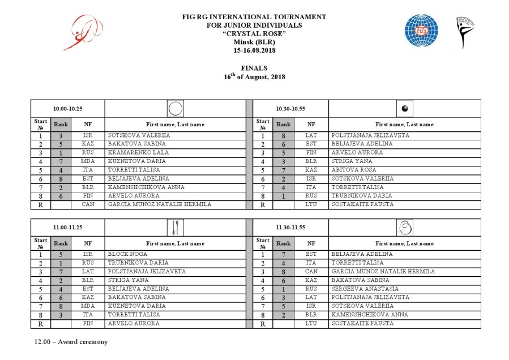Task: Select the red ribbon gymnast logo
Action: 86,32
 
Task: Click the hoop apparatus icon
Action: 176,109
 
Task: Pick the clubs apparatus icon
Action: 176,228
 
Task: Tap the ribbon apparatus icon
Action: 405,228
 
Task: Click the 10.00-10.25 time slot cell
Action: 68,109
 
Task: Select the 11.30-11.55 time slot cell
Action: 291,228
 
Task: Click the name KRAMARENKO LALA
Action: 132,153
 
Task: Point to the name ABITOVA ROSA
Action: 352,170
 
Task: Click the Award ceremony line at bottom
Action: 71,342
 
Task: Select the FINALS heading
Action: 254,68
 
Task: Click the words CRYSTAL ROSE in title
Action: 254,33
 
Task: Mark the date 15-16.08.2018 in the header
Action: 254,50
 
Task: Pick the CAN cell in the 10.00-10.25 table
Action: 88,204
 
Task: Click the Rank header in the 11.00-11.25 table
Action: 60,243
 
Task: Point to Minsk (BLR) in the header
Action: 254,42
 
